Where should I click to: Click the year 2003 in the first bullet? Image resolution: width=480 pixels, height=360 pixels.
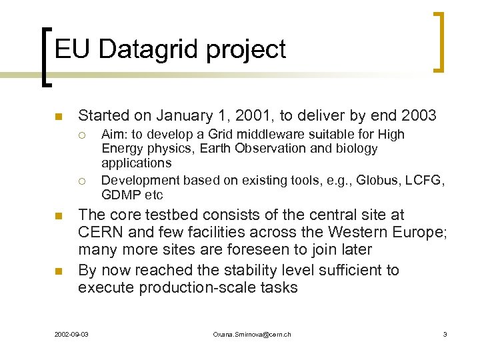click(419, 116)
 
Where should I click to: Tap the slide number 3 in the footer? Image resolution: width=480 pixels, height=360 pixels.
click(445, 334)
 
